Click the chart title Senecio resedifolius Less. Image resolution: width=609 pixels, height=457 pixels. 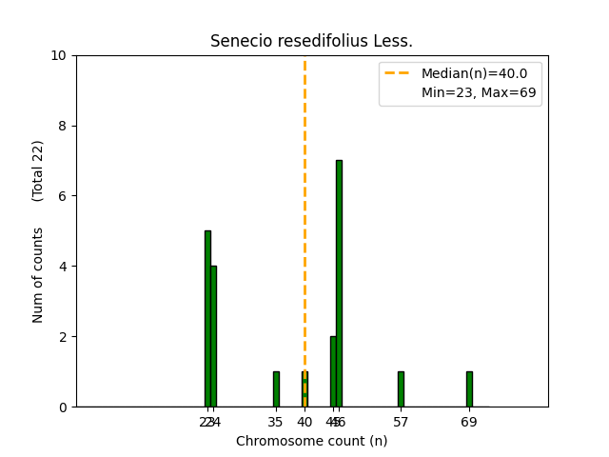point(311,41)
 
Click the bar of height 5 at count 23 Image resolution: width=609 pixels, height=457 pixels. point(207,319)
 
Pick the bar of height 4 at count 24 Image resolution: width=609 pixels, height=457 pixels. point(213,336)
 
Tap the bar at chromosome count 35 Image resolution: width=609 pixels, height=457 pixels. point(276,389)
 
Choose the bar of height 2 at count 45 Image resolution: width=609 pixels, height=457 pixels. point(333,371)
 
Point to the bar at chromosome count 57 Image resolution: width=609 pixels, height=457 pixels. point(401,389)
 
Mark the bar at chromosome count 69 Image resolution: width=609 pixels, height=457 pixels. point(469,389)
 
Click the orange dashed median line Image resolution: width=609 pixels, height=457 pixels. point(304,190)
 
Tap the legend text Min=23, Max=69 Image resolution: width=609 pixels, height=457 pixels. point(479,92)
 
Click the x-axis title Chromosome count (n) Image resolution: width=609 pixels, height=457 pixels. point(311,441)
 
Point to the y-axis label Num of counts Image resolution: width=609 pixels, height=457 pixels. point(38,274)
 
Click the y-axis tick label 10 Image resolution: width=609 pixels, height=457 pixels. point(59,55)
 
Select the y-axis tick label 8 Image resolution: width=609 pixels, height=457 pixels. point(63,126)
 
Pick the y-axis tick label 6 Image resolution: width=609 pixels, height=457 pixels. point(63,196)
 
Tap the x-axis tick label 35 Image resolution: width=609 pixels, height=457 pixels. point(276,421)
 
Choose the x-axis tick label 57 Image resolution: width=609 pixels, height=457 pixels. point(401,421)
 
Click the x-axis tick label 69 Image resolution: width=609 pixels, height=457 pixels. point(469,421)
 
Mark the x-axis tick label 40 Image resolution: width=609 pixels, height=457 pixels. point(304,421)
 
